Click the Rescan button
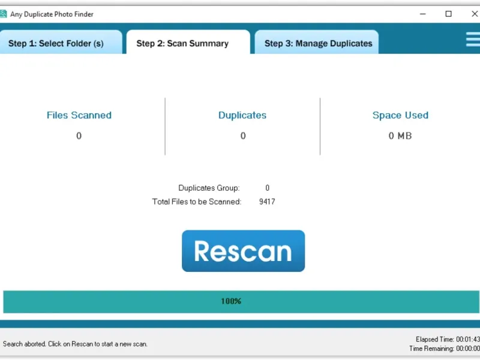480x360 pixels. click(x=243, y=251)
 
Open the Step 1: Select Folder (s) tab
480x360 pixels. click(x=56, y=43)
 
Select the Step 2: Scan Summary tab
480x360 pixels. click(x=182, y=43)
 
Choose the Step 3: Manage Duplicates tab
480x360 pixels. click(x=318, y=43)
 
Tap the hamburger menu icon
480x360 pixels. click(x=473, y=39)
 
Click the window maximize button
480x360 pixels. click(x=448, y=14)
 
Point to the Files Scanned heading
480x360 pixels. click(x=79, y=115)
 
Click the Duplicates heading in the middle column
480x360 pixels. click(x=242, y=115)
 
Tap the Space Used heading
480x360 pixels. click(x=400, y=115)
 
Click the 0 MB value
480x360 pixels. click(x=400, y=136)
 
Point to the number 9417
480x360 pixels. click(x=267, y=202)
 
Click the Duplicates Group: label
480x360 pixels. click(x=209, y=188)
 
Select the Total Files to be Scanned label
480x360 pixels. click(x=197, y=202)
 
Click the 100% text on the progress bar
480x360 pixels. click(x=231, y=301)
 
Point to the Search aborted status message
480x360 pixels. click(x=75, y=344)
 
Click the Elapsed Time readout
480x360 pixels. click(x=448, y=340)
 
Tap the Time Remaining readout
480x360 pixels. click(x=445, y=349)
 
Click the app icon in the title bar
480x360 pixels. click(x=4, y=14)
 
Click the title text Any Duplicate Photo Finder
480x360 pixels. click(x=52, y=14)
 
